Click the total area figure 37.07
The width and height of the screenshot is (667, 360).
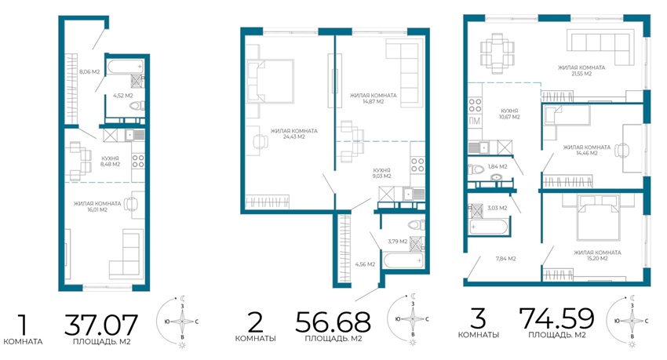101,325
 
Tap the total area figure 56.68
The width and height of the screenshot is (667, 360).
333,322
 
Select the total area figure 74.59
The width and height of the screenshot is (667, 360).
557,318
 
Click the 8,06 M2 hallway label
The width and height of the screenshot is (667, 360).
89,72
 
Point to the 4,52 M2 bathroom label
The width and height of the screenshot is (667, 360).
123,96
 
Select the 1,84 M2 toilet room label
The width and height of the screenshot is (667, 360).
498,166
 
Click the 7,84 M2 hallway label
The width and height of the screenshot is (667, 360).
506,258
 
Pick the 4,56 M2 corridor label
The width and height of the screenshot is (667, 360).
365,264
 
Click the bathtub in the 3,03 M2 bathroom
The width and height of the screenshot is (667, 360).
488,227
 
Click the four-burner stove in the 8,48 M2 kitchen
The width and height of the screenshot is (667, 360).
138,161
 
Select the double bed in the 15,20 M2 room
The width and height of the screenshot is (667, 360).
599,217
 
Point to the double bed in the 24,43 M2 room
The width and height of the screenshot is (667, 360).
270,81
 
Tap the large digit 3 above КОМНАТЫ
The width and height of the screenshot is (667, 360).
479,318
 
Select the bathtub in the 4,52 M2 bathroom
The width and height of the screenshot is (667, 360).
126,67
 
